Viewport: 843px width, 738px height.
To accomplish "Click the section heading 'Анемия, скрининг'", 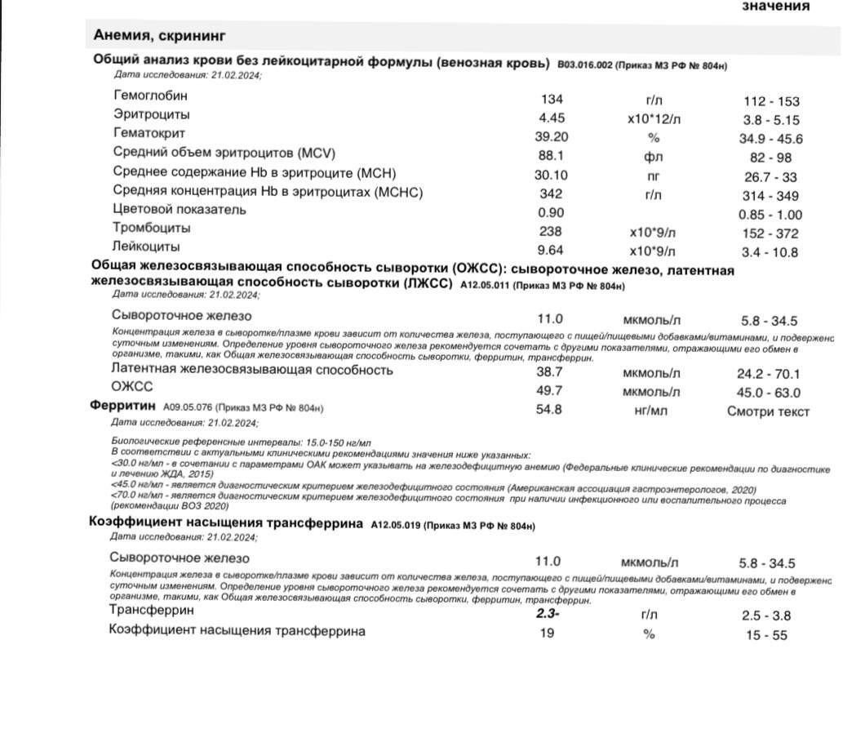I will pos(159,35).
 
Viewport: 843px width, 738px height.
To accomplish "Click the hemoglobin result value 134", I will pos(552,99).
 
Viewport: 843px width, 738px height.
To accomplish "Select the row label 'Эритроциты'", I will pos(152,114).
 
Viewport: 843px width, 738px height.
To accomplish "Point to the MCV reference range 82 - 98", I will pos(771,158).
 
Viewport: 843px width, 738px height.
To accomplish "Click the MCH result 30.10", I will pos(552,175).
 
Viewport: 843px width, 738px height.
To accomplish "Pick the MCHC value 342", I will pos(552,194).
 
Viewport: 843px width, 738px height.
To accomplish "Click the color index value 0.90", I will pos(552,213).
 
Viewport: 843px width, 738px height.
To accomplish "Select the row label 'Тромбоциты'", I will pos(152,228).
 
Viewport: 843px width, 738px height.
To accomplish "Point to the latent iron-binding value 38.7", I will pos(548,372).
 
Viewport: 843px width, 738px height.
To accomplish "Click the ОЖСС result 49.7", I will pos(548,391).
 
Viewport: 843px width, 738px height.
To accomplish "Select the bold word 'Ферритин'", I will pos(122,405).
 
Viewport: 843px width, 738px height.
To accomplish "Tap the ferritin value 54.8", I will pos(548,410).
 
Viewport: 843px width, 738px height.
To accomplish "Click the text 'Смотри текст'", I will pos(768,411).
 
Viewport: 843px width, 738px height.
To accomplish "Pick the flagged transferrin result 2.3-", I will pos(548,613).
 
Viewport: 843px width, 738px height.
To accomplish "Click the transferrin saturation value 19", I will pos(547,633).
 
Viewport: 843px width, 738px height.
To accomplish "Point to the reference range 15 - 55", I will pos(766,635).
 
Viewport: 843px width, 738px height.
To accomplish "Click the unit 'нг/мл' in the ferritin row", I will pos(650,411).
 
